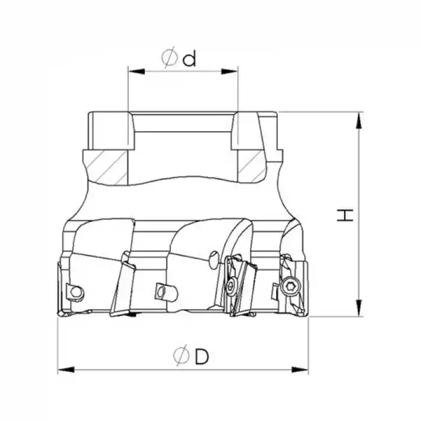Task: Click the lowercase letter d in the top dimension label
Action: point(190,58)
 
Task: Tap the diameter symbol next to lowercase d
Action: point(169,58)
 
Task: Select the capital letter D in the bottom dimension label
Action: point(201,357)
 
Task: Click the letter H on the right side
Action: point(343,215)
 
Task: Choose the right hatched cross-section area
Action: point(250,165)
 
